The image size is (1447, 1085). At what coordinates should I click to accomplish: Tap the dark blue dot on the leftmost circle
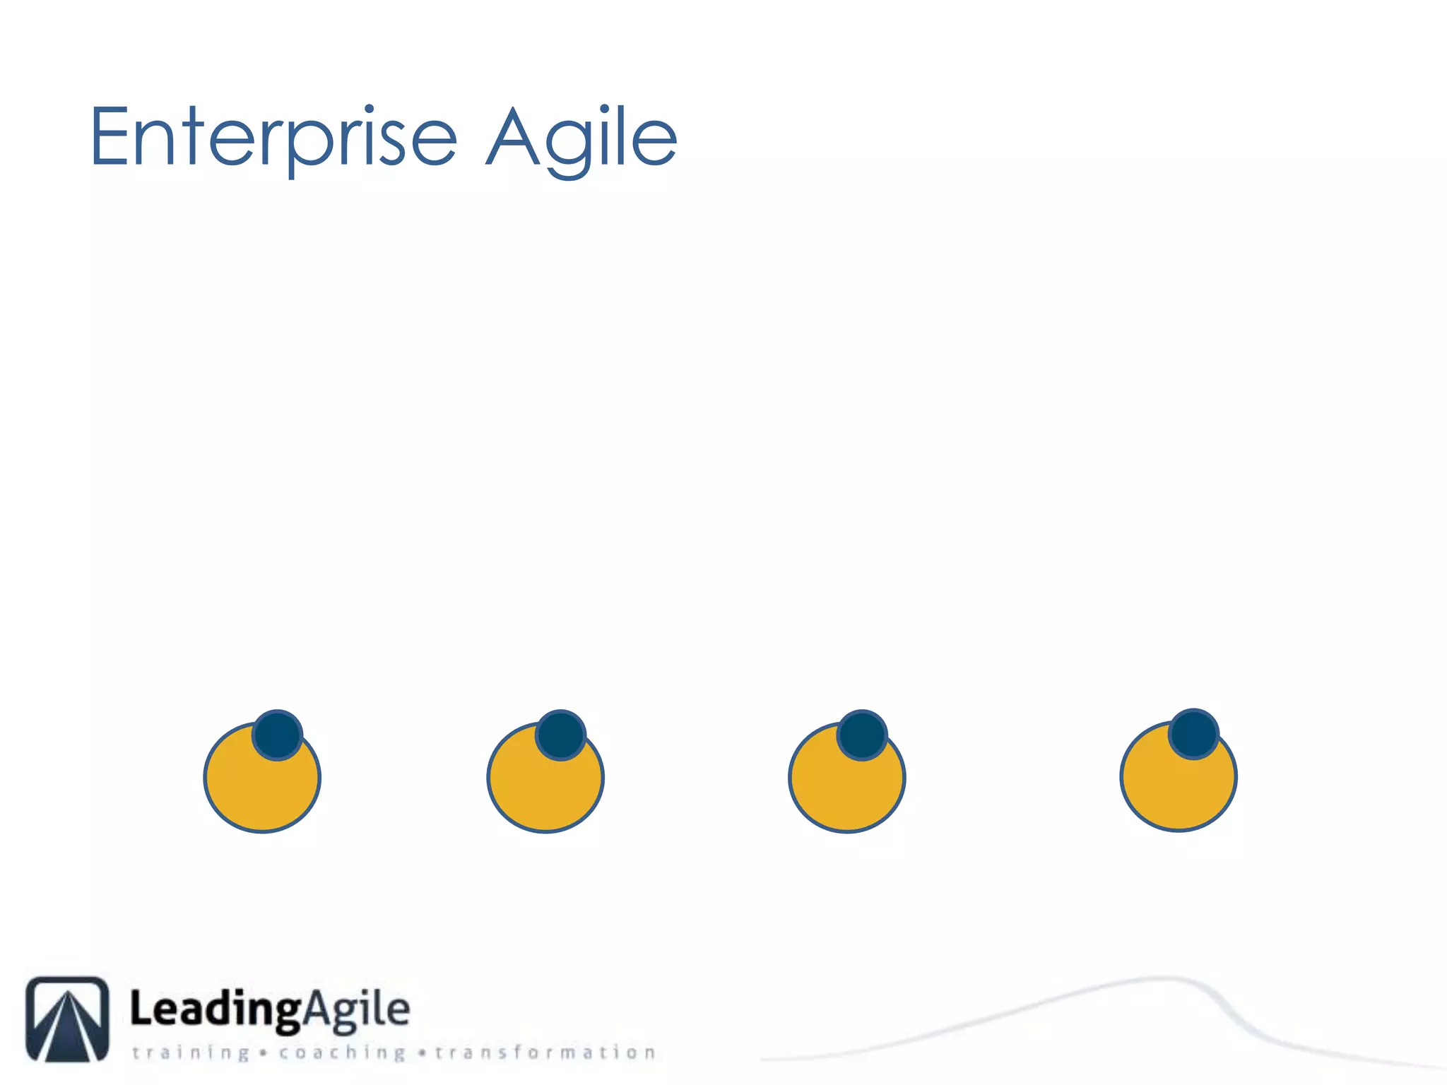point(278,735)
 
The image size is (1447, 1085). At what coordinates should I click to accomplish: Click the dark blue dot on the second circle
point(561,735)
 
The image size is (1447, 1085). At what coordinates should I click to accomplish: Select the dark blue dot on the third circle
point(862,735)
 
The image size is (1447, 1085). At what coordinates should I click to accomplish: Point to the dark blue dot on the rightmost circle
point(1193,734)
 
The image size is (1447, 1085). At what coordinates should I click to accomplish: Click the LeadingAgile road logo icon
point(68,1019)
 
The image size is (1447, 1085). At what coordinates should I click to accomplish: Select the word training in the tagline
point(191,1053)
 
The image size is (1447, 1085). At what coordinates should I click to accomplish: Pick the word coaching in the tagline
point(343,1053)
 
